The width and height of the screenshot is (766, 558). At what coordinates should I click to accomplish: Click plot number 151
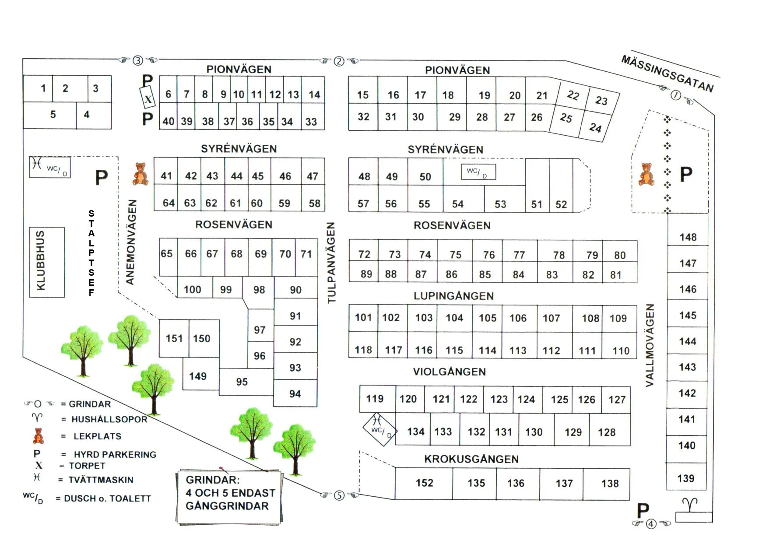tap(174, 338)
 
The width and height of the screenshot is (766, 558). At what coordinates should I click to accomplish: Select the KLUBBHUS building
tap(47, 262)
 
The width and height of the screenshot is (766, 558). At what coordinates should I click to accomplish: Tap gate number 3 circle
tap(138, 60)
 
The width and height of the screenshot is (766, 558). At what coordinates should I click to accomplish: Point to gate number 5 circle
tap(339, 495)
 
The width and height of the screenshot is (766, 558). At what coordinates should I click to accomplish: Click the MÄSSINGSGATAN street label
tap(667, 74)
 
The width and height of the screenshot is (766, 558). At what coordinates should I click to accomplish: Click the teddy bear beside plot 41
tap(140, 174)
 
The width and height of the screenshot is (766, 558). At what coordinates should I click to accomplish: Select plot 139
tap(685, 478)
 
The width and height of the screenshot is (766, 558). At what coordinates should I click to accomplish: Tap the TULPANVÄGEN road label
tap(331, 263)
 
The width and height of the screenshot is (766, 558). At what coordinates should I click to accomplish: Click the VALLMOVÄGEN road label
tap(650, 345)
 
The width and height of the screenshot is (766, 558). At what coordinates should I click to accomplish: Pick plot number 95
tap(242, 382)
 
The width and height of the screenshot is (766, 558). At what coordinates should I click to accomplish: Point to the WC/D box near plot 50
tap(478, 172)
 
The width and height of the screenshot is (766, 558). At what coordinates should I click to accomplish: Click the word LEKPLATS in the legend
tap(97, 436)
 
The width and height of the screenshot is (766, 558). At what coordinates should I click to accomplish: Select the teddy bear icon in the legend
tap(39, 436)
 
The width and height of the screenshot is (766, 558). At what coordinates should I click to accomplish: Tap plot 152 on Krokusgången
tap(424, 483)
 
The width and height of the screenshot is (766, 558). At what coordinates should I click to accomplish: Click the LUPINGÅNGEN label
tap(453, 296)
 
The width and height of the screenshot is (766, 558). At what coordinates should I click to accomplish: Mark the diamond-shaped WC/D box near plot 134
tap(379, 429)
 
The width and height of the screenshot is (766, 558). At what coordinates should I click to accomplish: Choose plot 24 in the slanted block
tap(594, 128)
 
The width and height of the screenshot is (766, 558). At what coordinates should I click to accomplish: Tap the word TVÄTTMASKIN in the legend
tap(101, 480)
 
